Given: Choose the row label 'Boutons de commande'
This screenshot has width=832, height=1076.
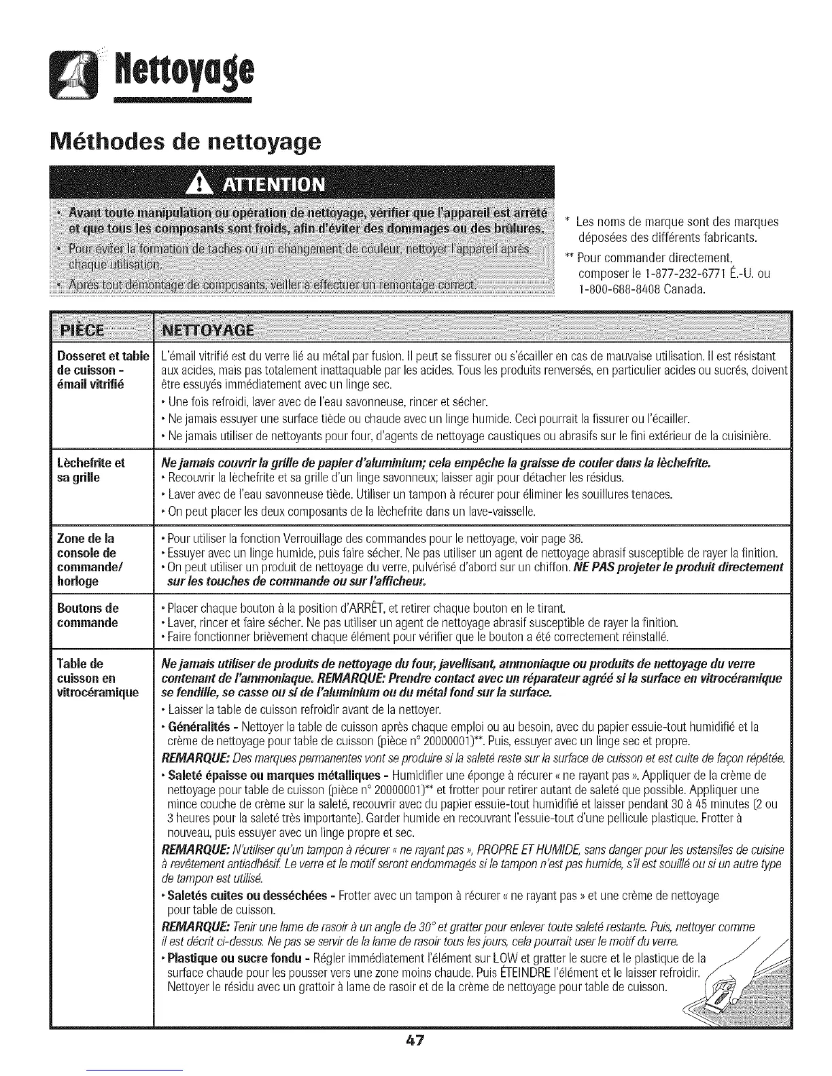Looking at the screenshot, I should point(88,615).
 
